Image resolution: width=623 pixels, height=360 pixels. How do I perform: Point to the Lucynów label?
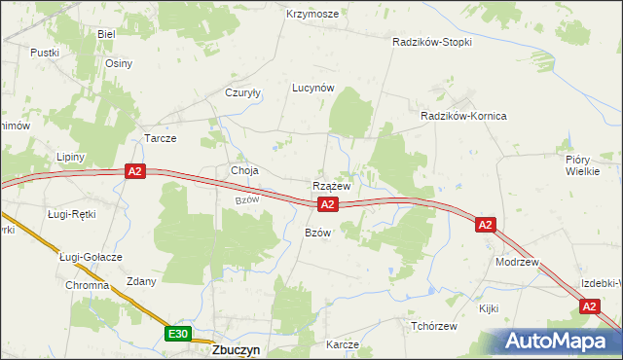click(313, 87)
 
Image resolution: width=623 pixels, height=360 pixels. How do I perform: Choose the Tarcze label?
click(161, 138)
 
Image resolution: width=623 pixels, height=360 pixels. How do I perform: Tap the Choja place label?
click(244, 170)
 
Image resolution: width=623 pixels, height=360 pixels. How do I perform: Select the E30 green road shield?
click(176, 335)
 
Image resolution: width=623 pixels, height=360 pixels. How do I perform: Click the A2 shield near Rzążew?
click(328, 204)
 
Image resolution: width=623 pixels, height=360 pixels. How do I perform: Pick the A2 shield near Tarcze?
click(135, 172)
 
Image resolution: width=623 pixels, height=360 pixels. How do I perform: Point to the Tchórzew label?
click(434, 326)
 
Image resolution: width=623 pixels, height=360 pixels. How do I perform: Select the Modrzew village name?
click(516, 263)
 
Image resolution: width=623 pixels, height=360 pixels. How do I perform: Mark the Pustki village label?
click(45, 53)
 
